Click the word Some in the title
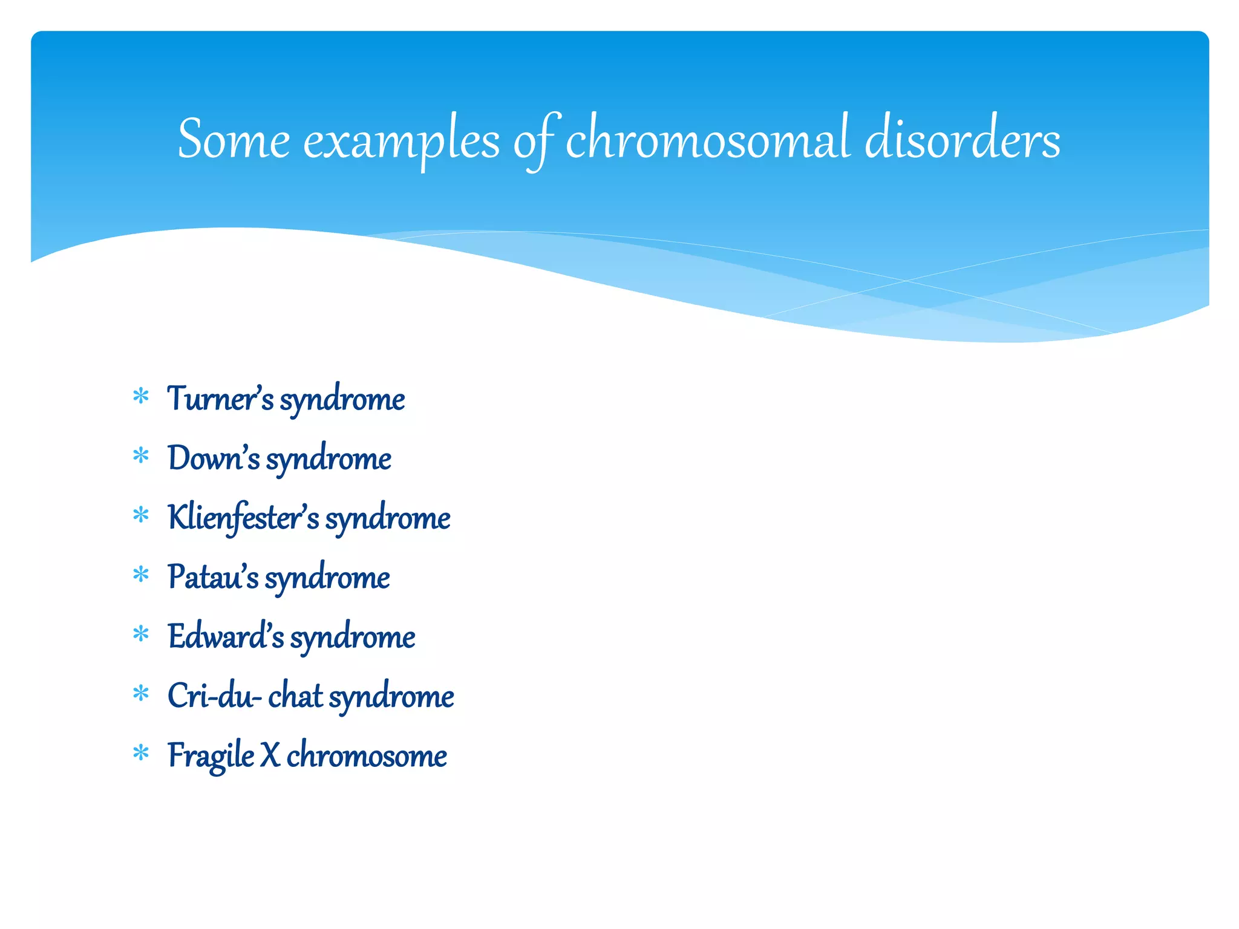pyautogui.click(x=234, y=140)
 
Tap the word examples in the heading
pyautogui.click(x=401, y=142)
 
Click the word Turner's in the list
pyautogui.click(x=220, y=399)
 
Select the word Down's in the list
pyautogui.click(x=214, y=458)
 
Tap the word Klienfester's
pyautogui.click(x=243, y=518)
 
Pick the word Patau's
pyautogui.click(x=213, y=576)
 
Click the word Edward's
pyautogui.click(x=226, y=636)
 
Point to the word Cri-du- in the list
pyautogui.click(x=215, y=696)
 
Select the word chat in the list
pyautogui.click(x=295, y=696)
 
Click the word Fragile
pyautogui.click(x=211, y=756)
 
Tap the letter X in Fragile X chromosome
pyautogui.click(x=270, y=755)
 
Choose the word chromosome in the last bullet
pyautogui.click(x=367, y=755)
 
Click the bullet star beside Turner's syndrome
pyautogui.click(x=141, y=397)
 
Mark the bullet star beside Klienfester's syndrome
pyautogui.click(x=141, y=515)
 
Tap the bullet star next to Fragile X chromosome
pyautogui.click(x=141, y=753)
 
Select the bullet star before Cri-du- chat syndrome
pyautogui.click(x=141, y=694)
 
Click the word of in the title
pyautogui.click(x=536, y=141)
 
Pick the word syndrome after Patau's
pyautogui.click(x=327, y=578)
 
